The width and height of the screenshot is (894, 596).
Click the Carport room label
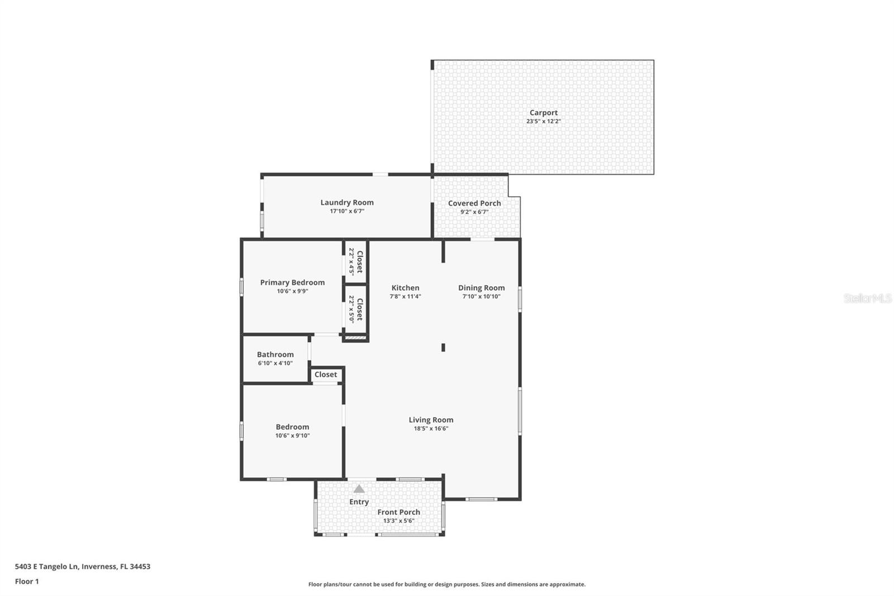543,112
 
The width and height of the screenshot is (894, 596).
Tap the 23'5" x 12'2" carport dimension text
543,121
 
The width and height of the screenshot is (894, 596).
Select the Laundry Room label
347,202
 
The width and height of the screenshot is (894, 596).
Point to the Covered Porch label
474,203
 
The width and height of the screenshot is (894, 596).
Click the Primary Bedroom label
292,282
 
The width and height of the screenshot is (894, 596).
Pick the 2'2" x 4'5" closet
356,261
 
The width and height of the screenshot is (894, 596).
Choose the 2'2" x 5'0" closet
356,309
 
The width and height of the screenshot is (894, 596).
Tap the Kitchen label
405,287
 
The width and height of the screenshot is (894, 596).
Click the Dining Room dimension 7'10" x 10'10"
481,296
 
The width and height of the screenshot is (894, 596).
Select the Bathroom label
275,354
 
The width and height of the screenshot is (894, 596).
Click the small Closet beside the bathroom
326,375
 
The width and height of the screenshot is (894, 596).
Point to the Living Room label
431,420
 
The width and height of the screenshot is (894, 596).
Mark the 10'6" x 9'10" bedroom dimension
292,436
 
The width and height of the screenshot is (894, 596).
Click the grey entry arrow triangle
359,489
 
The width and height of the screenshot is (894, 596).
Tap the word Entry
359,502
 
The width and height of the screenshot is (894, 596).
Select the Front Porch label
398,512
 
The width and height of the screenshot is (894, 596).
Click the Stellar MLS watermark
867,299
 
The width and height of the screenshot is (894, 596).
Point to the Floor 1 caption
27,581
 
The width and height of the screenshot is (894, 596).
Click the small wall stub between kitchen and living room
443,347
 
